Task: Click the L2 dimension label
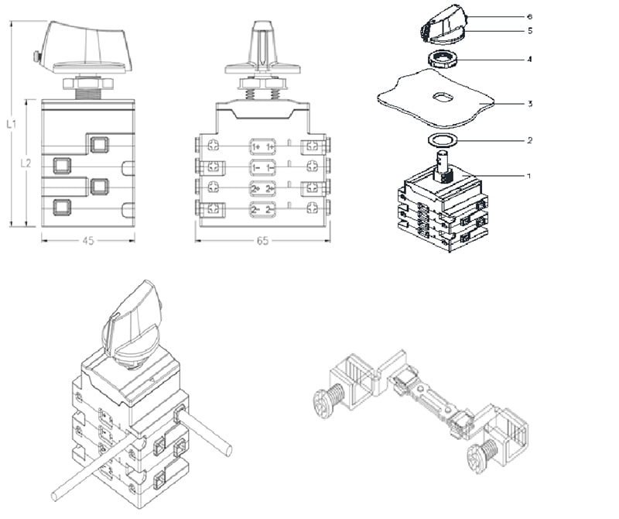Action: click(x=26, y=163)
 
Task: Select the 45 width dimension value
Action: click(x=87, y=241)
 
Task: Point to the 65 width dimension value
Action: click(x=262, y=241)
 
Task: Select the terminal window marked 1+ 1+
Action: click(x=262, y=146)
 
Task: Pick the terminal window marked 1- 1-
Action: click(x=262, y=167)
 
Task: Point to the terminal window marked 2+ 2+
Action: click(x=262, y=188)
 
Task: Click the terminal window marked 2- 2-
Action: click(x=262, y=209)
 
